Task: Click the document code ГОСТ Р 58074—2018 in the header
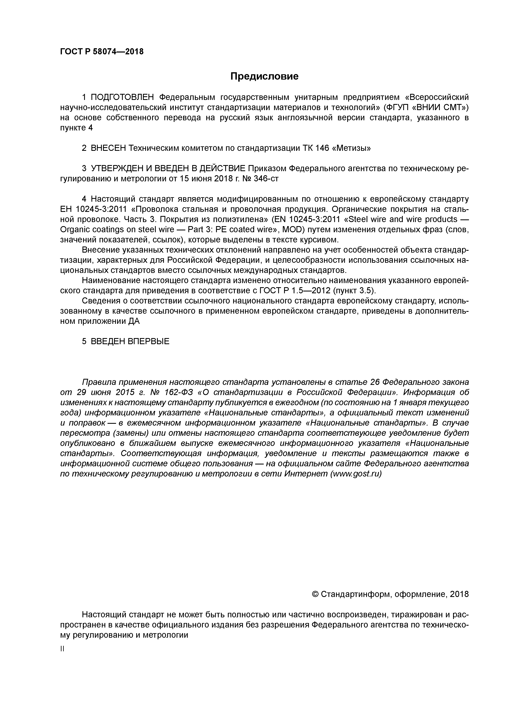[x=102, y=52]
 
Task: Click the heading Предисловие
[x=264, y=76]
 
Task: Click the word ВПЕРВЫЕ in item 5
[x=148, y=342]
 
